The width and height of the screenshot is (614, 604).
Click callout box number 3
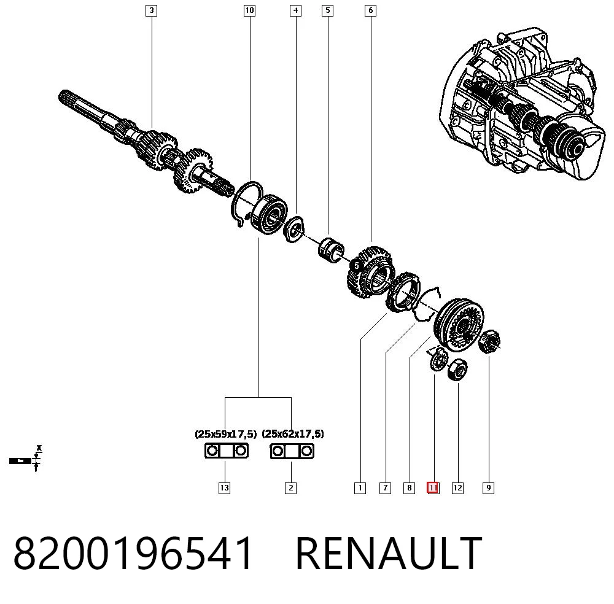coord(151,10)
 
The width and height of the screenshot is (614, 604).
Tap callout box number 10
coord(249,10)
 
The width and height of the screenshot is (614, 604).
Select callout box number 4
coord(296,10)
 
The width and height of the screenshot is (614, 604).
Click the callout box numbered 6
coord(370,10)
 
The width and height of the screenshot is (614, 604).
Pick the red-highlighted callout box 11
coord(433,488)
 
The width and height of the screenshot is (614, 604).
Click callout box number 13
coord(224,488)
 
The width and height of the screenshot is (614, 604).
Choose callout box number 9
coord(488,488)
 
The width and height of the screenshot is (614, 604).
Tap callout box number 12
coord(458,488)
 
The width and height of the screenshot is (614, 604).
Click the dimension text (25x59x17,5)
coord(225,434)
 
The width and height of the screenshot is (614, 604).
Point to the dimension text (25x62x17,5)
coord(293,434)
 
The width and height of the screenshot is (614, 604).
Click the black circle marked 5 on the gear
coord(356,266)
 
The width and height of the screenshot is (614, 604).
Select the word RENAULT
coord(389,553)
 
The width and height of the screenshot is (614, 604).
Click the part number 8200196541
coord(133,553)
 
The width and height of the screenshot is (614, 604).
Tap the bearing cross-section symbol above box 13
coord(227,451)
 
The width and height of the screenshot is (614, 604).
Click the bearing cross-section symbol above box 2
coord(292,451)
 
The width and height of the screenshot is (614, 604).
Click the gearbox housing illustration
coord(523,104)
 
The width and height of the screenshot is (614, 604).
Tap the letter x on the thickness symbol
coord(39,447)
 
